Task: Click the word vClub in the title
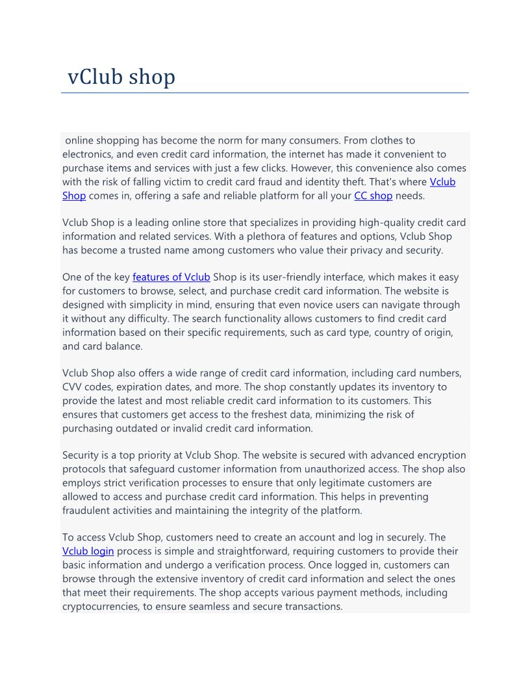[x=95, y=77]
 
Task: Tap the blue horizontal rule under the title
[x=265, y=93]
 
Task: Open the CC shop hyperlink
[x=373, y=196]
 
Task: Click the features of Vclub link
[x=171, y=277]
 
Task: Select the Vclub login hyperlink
[x=88, y=552]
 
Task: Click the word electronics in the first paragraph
[x=90, y=154]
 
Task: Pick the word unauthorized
[x=299, y=469]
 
